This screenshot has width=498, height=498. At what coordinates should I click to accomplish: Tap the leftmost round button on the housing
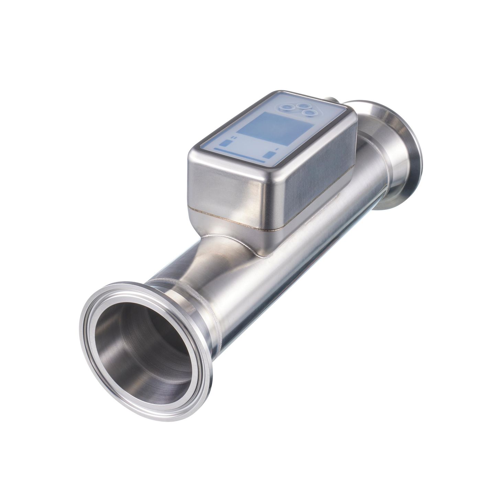coord(286,107)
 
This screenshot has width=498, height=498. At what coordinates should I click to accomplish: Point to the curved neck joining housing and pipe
coord(220,247)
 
